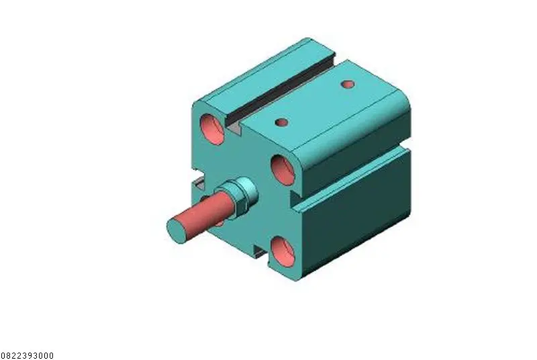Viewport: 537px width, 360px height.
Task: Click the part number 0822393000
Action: click(x=27, y=355)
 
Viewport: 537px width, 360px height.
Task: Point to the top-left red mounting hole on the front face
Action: click(x=212, y=130)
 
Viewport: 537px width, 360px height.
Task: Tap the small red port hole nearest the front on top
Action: click(x=281, y=122)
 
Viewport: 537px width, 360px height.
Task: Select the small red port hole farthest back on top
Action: click(x=348, y=84)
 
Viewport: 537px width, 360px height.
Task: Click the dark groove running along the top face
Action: click(x=281, y=90)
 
